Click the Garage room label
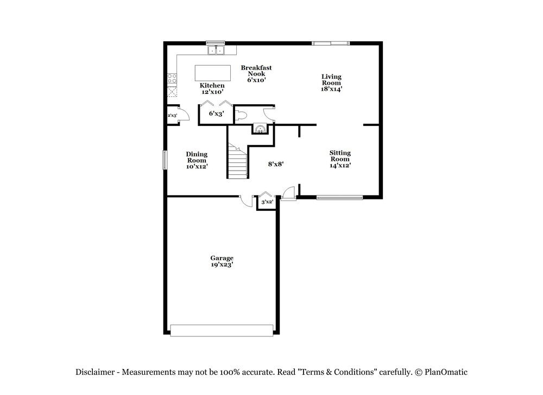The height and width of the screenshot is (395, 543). [x=222, y=258]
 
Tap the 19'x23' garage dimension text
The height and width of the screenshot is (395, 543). [x=222, y=265]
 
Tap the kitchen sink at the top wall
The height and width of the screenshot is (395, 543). [x=217, y=51]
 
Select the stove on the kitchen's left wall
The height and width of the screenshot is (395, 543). [x=173, y=78]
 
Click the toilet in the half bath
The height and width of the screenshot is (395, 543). [x=242, y=115]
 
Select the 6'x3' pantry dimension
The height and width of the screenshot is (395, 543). [x=216, y=114]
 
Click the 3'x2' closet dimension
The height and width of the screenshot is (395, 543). [x=266, y=202]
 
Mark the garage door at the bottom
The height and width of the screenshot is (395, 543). [x=222, y=330]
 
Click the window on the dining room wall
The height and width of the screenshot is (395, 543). [x=165, y=160]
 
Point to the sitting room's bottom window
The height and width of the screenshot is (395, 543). [x=339, y=197]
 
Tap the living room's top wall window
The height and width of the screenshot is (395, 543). [x=331, y=43]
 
